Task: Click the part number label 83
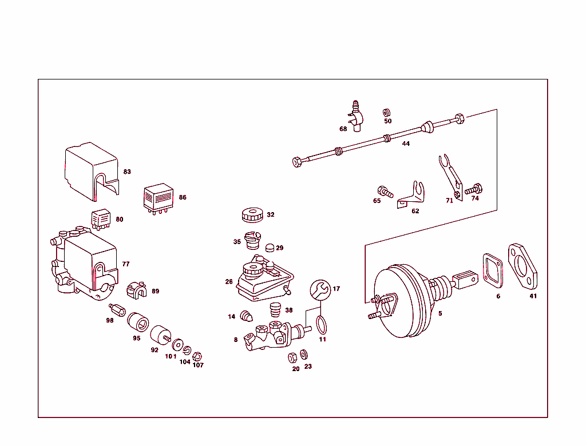(127, 172)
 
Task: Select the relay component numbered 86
(159, 198)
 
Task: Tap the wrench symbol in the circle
(319, 290)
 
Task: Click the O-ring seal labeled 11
(323, 325)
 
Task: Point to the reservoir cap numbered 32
(252, 216)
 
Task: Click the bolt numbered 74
(474, 189)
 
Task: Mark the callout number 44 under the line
(406, 144)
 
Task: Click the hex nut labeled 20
(291, 357)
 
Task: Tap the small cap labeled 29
(269, 248)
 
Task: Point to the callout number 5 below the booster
(440, 313)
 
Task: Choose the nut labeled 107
(197, 356)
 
